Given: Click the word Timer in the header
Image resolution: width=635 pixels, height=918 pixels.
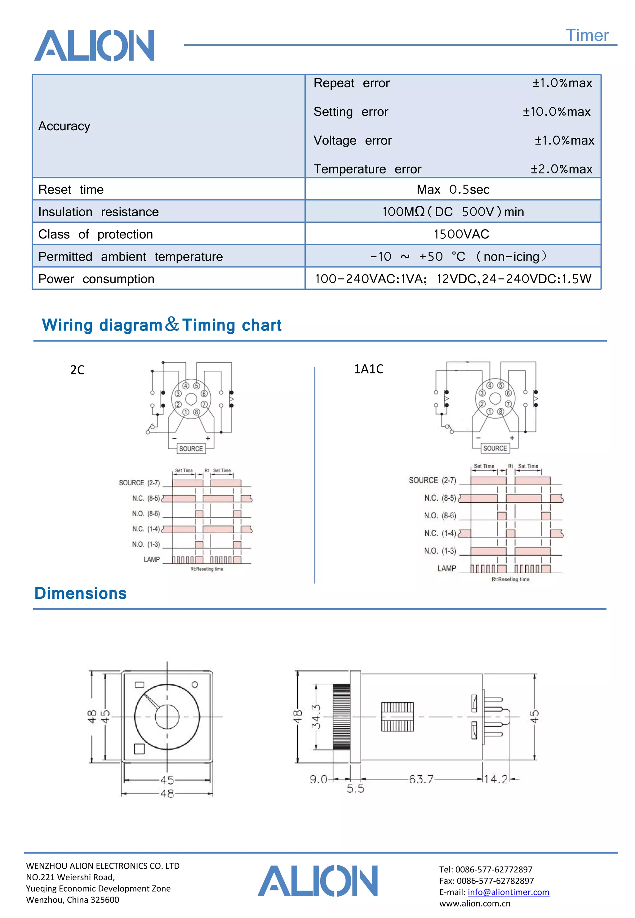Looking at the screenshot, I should pyautogui.click(x=587, y=35).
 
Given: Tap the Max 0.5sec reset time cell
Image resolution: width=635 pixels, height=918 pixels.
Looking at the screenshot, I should pyautogui.click(x=453, y=190).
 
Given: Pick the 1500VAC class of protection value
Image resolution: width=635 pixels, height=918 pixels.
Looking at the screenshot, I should pyautogui.click(x=461, y=234).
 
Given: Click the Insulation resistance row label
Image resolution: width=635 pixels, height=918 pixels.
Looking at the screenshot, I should pyautogui.click(x=98, y=212).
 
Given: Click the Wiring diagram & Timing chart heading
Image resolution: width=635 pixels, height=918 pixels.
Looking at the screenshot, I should pyautogui.click(x=162, y=325).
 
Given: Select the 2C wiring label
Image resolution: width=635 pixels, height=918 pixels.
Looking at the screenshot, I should pyautogui.click(x=77, y=370).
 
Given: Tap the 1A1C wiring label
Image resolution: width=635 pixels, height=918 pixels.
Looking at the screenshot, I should pyautogui.click(x=368, y=369).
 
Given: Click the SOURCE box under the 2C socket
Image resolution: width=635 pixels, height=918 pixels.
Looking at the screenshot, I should pyautogui.click(x=191, y=449).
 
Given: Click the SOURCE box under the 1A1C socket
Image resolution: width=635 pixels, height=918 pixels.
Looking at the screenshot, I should pyautogui.click(x=495, y=448).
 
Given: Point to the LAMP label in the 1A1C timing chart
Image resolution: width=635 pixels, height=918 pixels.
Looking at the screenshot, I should pyautogui.click(x=446, y=568).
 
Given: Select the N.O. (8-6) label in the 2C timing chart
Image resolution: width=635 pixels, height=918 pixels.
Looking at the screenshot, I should pyautogui.click(x=146, y=513).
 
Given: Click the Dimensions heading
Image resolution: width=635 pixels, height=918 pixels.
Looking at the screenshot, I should pyautogui.click(x=80, y=593).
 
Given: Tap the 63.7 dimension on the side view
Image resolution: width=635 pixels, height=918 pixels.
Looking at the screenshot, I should pyautogui.click(x=421, y=779).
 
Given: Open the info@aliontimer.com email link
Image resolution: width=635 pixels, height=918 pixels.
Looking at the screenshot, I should pyautogui.click(x=508, y=892).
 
